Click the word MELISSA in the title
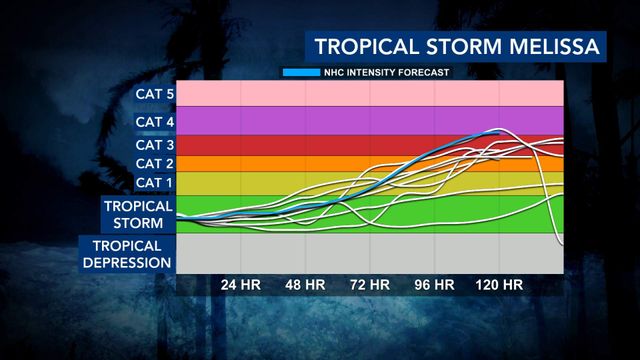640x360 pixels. coord(554,46)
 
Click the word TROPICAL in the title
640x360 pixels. coord(367,46)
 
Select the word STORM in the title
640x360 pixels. coord(464,46)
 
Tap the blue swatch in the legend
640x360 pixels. coord(302,73)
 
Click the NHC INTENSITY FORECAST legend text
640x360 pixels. coord(387,73)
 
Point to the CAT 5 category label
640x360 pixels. coord(155,94)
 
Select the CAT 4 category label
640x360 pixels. coord(155,122)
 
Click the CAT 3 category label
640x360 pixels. coord(155,145)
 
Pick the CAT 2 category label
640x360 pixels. coord(155,164)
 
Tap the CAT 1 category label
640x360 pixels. coord(155,182)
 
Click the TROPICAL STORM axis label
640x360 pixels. coord(138,215)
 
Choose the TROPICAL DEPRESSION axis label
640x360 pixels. coord(127,254)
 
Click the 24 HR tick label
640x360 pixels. coord(241,285)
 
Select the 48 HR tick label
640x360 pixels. coord(305,285)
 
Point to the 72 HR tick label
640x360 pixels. coord(370,285)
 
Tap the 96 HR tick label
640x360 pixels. coord(435,285)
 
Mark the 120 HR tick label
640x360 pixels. coord(499,285)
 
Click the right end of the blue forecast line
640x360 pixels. coord(499,133)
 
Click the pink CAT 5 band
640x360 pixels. coord(370,93)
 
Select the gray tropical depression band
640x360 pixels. coord(370,253)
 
